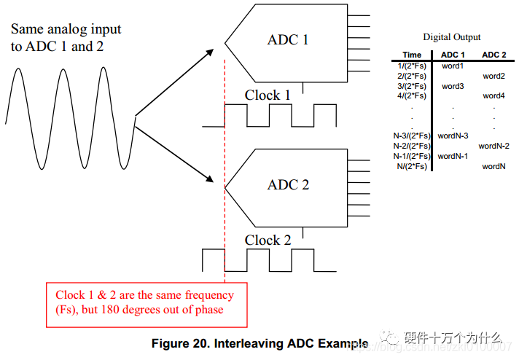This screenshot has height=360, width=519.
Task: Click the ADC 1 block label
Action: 288,39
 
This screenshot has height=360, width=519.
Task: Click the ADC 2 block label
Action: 288,184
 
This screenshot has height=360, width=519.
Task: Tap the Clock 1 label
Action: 268,95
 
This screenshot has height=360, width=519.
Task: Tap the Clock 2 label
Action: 268,240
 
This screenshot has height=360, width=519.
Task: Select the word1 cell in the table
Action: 453,66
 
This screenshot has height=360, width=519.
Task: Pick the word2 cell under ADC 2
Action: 493,76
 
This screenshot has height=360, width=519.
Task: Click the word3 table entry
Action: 453,86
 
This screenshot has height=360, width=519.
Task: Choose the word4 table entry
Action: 493,95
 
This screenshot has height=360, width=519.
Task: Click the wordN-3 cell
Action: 453,136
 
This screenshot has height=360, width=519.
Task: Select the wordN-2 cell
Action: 493,146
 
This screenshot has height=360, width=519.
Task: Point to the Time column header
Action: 412,55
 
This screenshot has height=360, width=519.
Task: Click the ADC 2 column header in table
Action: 493,55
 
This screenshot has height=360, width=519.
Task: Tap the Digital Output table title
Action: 452,37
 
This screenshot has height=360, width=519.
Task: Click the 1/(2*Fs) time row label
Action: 412,66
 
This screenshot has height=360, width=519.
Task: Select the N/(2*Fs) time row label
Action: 413,166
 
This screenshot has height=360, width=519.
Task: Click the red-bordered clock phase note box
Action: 146,302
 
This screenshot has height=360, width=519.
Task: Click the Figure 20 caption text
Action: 259,343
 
